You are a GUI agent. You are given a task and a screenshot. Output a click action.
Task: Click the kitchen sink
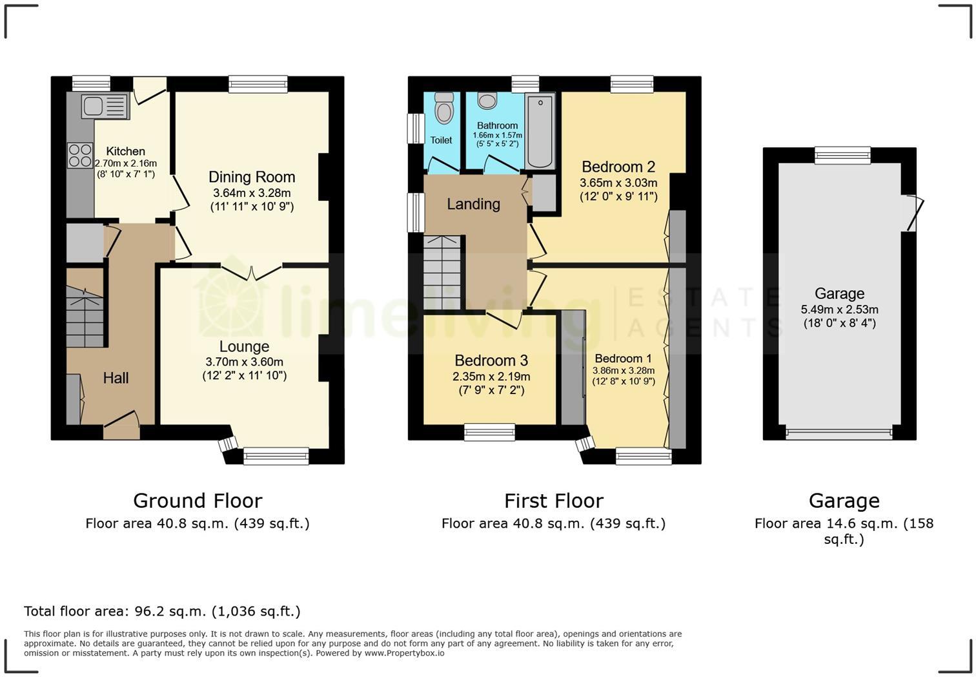pos(105,107)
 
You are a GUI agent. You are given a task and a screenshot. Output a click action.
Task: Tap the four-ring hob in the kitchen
pos(79,155)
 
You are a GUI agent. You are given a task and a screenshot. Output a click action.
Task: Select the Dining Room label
pos(252,177)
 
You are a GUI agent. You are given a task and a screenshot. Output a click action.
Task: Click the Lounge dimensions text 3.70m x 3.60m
pos(244,362)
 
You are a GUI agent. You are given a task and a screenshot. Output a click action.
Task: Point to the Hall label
pos(116,378)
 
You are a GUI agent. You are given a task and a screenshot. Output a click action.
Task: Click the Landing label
pos(474,204)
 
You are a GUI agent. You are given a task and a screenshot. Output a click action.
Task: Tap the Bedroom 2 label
pos(618,167)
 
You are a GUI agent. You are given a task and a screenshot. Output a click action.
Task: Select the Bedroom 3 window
pos(489,432)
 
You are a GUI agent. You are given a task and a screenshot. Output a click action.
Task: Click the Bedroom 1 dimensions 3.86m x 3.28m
pos(624,371)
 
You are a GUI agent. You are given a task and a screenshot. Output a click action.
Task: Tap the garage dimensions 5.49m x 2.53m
pos(839,309)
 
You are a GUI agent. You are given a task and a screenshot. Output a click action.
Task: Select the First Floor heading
pos(554,501)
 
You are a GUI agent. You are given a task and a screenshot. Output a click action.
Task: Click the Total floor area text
pos(162,611)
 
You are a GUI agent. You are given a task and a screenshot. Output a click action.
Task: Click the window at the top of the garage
pos(842,155)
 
